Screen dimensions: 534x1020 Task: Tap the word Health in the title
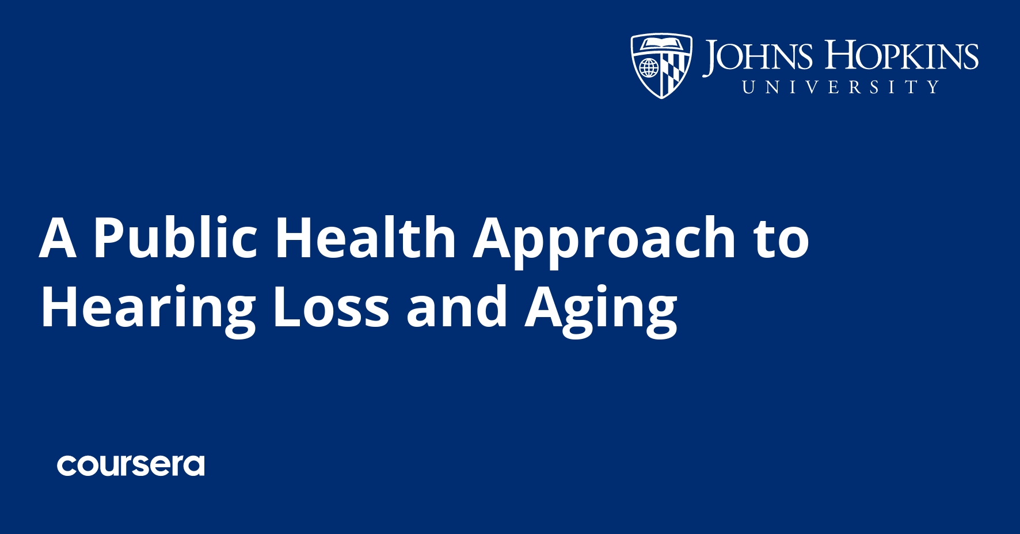tap(366, 237)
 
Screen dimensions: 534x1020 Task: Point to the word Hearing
tap(147, 308)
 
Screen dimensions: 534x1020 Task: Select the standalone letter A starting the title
tap(58, 237)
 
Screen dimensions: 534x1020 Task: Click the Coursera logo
tap(131, 465)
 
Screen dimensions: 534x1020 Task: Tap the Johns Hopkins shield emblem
tap(661, 65)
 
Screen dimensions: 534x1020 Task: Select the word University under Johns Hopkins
tap(840, 87)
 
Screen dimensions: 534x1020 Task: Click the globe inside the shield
tap(649, 68)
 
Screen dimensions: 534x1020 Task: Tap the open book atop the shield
tap(661, 43)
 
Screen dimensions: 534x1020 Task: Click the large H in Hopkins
tap(840, 55)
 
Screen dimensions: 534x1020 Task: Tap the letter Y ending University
tap(933, 87)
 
